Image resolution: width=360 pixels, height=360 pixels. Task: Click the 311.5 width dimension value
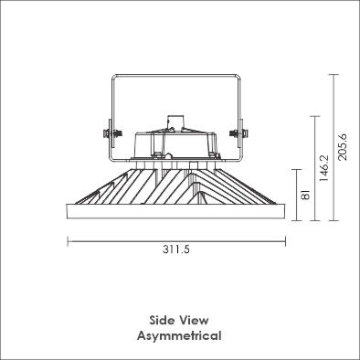pyautogui.click(x=176, y=249)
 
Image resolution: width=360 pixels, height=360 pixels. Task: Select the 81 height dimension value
pyautogui.click(x=305, y=195)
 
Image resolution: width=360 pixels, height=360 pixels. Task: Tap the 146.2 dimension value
pyautogui.click(x=323, y=168)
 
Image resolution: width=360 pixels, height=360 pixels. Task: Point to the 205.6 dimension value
pyautogui.click(x=343, y=147)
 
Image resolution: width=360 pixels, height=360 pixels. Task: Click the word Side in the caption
pyautogui.click(x=162, y=320)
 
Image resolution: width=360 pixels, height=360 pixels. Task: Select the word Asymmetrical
pyautogui.click(x=179, y=336)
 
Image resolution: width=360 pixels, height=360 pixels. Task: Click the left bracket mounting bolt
pyautogui.click(x=112, y=133)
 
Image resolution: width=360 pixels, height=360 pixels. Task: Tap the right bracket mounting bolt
pyautogui.click(x=238, y=133)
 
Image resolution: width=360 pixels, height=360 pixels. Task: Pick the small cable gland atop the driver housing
pyautogui.click(x=175, y=123)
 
